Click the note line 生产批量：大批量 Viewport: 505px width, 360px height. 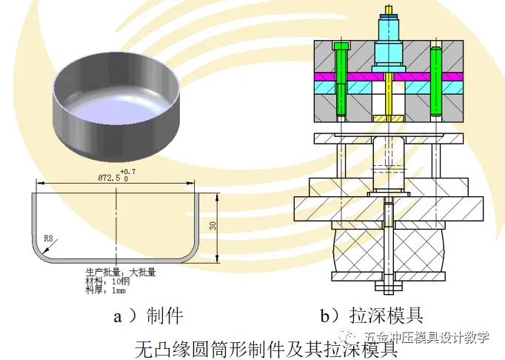tap(121, 272)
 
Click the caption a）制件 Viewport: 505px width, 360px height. tap(147, 316)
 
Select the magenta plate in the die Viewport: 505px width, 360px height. tap(355, 76)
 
